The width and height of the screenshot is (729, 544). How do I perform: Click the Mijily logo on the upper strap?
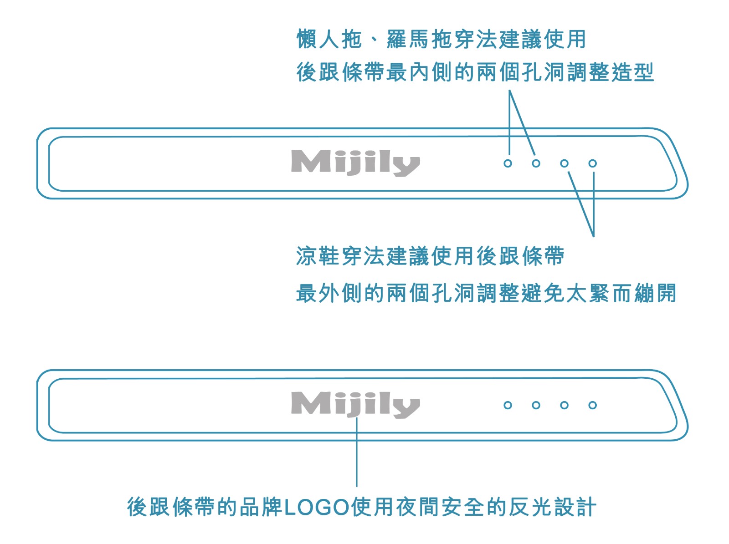point(355,162)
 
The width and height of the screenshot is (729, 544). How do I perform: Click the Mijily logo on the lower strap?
point(355,404)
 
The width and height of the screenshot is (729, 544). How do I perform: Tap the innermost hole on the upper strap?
point(508,163)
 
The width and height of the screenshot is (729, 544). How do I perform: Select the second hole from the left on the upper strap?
point(536,163)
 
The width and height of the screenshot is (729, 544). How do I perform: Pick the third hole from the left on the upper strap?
point(564,163)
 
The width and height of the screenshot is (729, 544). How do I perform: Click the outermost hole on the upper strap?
point(592,163)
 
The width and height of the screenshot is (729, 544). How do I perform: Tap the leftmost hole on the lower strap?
point(508,405)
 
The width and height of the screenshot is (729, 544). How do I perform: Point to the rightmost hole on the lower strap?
point(592,405)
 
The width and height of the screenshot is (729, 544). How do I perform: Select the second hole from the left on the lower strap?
point(536,405)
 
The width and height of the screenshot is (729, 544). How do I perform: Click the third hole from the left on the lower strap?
point(564,405)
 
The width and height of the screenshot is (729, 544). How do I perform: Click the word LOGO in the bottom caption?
point(317,507)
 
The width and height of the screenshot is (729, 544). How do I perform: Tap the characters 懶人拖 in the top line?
point(329,39)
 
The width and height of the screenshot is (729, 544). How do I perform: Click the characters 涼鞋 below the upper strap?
point(318,256)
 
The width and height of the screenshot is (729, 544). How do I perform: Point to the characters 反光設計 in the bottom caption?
point(552,507)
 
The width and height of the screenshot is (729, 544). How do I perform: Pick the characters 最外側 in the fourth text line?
point(329,293)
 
